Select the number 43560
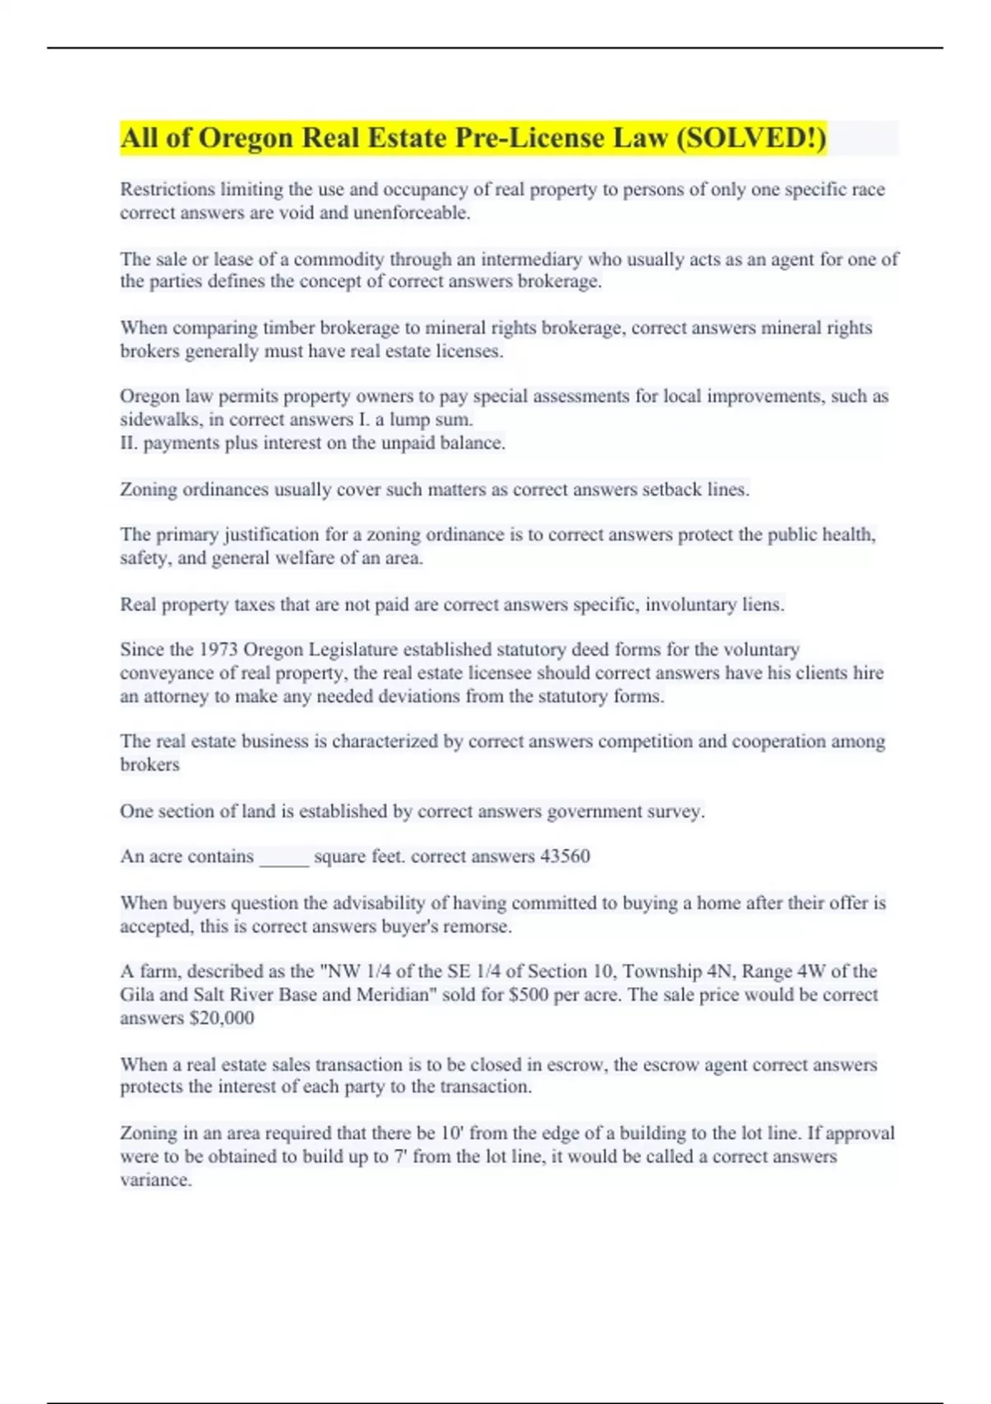click(x=565, y=856)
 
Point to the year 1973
click(x=219, y=649)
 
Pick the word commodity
click(x=339, y=259)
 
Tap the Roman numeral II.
click(x=129, y=443)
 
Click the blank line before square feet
click(x=284, y=858)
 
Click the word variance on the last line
click(x=155, y=1180)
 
